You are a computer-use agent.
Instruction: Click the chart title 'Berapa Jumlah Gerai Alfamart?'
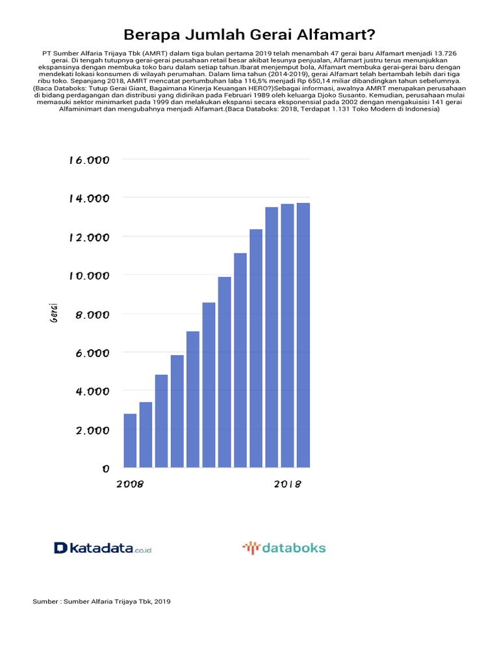(249, 34)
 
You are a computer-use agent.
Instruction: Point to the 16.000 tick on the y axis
(88, 160)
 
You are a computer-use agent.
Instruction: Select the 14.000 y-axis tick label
(88, 198)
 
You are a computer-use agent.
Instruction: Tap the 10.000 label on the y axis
(88, 276)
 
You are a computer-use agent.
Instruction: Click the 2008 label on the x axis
(129, 485)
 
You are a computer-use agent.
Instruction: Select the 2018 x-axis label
(288, 485)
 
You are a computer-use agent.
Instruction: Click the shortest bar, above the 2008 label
(130, 440)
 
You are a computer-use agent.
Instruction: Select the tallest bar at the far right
(303, 335)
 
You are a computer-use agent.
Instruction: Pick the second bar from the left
(146, 434)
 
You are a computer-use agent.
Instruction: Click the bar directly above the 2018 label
(288, 336)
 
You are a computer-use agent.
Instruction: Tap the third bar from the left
(161, 421)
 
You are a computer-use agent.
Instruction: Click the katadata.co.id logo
(103, 548)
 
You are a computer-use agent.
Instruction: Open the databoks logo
(284, 548)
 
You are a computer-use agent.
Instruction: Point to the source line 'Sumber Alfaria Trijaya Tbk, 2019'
(101, 602)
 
